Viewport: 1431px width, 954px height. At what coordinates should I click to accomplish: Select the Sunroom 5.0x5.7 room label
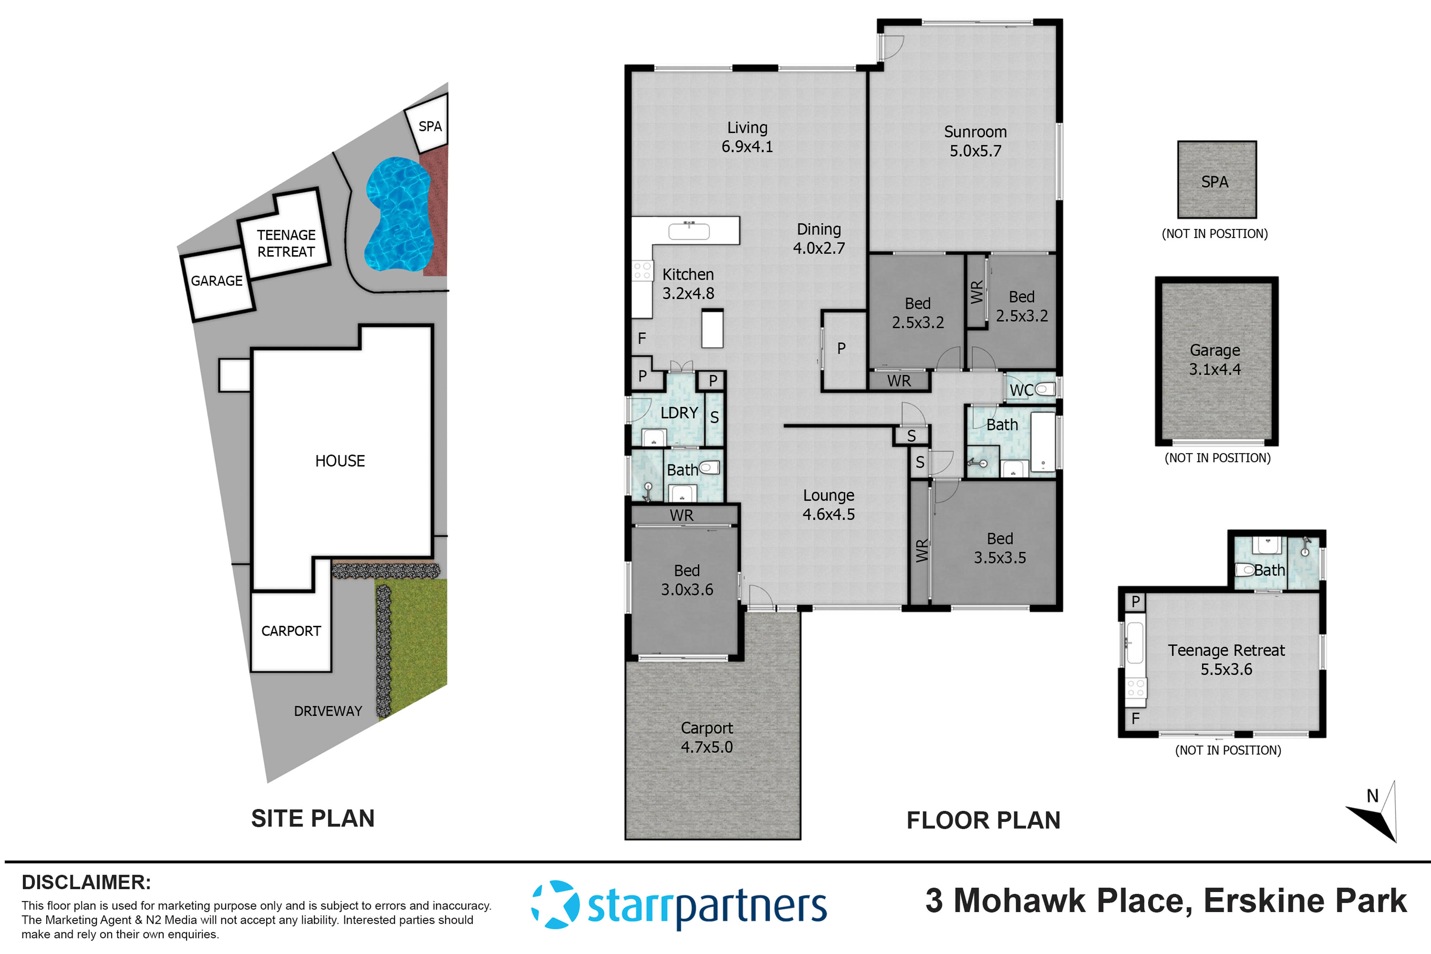pyautogui.click(x=975, y=141)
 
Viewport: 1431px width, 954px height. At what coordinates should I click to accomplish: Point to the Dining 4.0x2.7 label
pyautogui.click(x=819, y=238)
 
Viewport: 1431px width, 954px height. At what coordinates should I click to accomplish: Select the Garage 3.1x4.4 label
pyautogui.click(x=1215, y=360)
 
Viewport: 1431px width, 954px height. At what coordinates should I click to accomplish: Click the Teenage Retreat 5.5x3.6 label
pyautogui.click(x=1226, y=659)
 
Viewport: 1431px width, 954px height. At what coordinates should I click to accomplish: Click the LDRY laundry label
pyautogui.click(x=679, y=413)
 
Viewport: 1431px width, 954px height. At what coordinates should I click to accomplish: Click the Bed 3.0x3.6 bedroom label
pyautogui.click(x=687, y=580)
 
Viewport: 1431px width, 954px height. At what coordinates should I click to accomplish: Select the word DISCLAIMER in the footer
pyautogui.click(x=86, y=882)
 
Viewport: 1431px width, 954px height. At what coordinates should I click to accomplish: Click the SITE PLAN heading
pyautogui.click(x=313, y=818)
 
